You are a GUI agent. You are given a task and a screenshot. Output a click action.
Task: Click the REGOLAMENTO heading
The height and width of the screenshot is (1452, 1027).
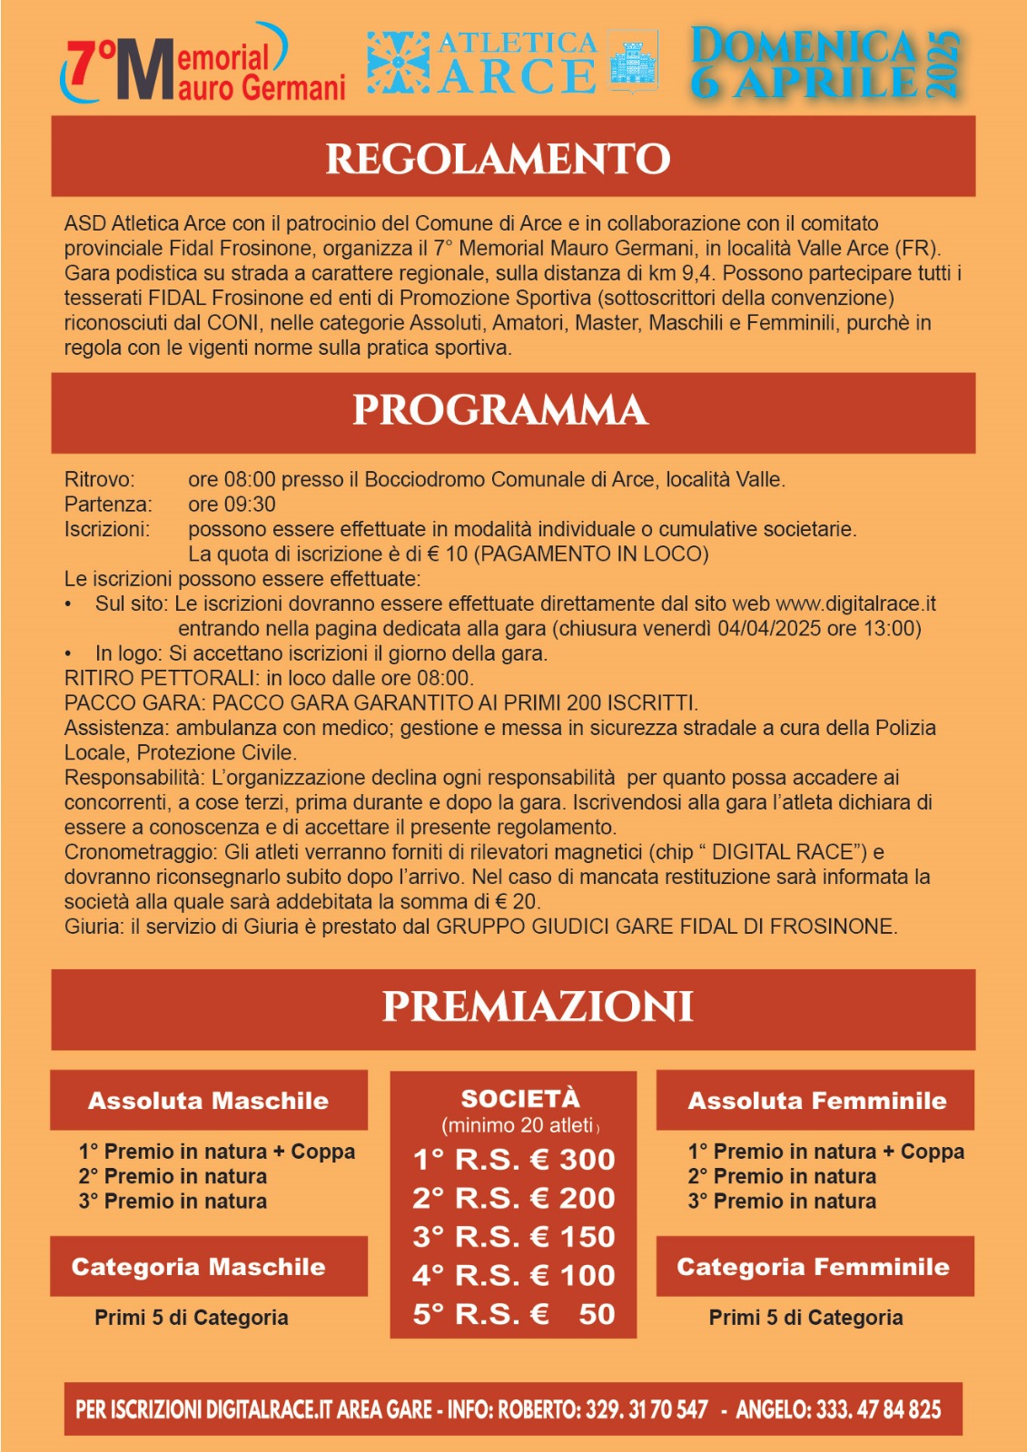tap(498, 158)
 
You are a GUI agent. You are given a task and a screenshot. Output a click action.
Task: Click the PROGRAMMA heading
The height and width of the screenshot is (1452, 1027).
tap(500, 410)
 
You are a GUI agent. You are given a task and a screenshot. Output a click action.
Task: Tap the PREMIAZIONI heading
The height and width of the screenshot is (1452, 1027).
tap(538, 1006)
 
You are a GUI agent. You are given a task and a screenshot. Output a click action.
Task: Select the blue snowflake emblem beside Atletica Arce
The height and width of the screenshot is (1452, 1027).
tap(399, 63)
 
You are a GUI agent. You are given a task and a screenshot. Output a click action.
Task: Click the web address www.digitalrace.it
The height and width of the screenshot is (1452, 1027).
tap(855, 604)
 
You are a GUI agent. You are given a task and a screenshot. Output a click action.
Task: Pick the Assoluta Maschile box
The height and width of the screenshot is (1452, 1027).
tap(208, 1101)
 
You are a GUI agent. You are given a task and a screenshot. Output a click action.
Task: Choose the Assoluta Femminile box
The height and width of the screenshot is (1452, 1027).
tap(816, 1101)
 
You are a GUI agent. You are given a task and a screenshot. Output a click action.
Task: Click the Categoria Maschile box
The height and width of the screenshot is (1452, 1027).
tap(199, 1267)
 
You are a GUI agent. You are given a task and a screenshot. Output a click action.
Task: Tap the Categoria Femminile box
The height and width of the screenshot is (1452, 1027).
tap(813, 1267)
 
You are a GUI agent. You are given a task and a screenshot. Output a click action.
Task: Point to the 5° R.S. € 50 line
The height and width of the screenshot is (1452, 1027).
tap(514, 1314)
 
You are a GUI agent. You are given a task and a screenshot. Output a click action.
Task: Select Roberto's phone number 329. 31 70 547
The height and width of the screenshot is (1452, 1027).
tap(647, 1409)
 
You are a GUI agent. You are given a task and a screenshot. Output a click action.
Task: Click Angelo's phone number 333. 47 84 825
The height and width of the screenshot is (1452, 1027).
tap(878, 1409)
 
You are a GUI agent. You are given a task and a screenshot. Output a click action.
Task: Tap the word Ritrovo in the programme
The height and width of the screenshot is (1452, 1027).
tap(99, 480)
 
